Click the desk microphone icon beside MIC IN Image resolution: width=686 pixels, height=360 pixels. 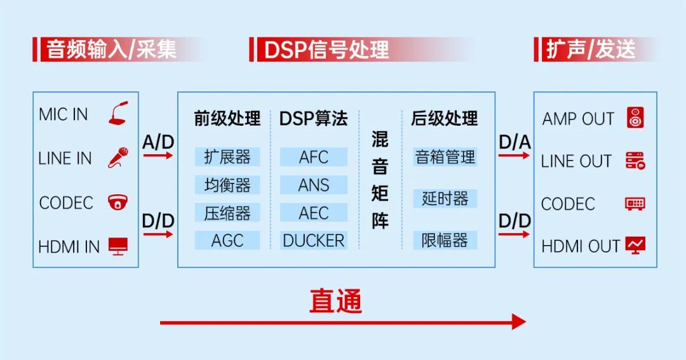(x=118, y=114)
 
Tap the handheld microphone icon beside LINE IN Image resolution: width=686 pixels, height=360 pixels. (x=118, y=157)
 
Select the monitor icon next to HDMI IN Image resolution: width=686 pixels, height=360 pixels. (x=118, y=246)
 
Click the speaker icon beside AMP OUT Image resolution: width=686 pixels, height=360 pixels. (x=635, y=118)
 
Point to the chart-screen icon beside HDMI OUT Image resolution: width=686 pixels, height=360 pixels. (x=635, y=245)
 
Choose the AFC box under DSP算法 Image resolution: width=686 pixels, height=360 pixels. (x=314, y=157)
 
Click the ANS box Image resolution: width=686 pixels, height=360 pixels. (x=314, y=185)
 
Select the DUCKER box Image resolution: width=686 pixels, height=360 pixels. (x=314, y=241)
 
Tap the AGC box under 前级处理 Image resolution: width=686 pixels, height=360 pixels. (x=227, y=241)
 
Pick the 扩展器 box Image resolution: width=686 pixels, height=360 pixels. (x=227, y=157)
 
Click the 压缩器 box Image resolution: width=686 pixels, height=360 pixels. (x=227, y=213)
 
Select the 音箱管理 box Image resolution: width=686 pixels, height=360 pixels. (x=445, y=157)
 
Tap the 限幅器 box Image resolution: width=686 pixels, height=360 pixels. (x=445, y=241)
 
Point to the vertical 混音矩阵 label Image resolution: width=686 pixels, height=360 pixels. (x=380, y=180)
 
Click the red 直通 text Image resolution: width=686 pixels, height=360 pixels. (x=335, y=301)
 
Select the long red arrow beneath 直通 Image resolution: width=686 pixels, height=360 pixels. (x=343, y=322)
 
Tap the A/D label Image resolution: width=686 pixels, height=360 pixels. (x=158, y=142)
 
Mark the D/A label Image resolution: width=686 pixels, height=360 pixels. (x=514, y=142)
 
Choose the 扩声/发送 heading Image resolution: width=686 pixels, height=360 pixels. (x=591, y=50)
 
